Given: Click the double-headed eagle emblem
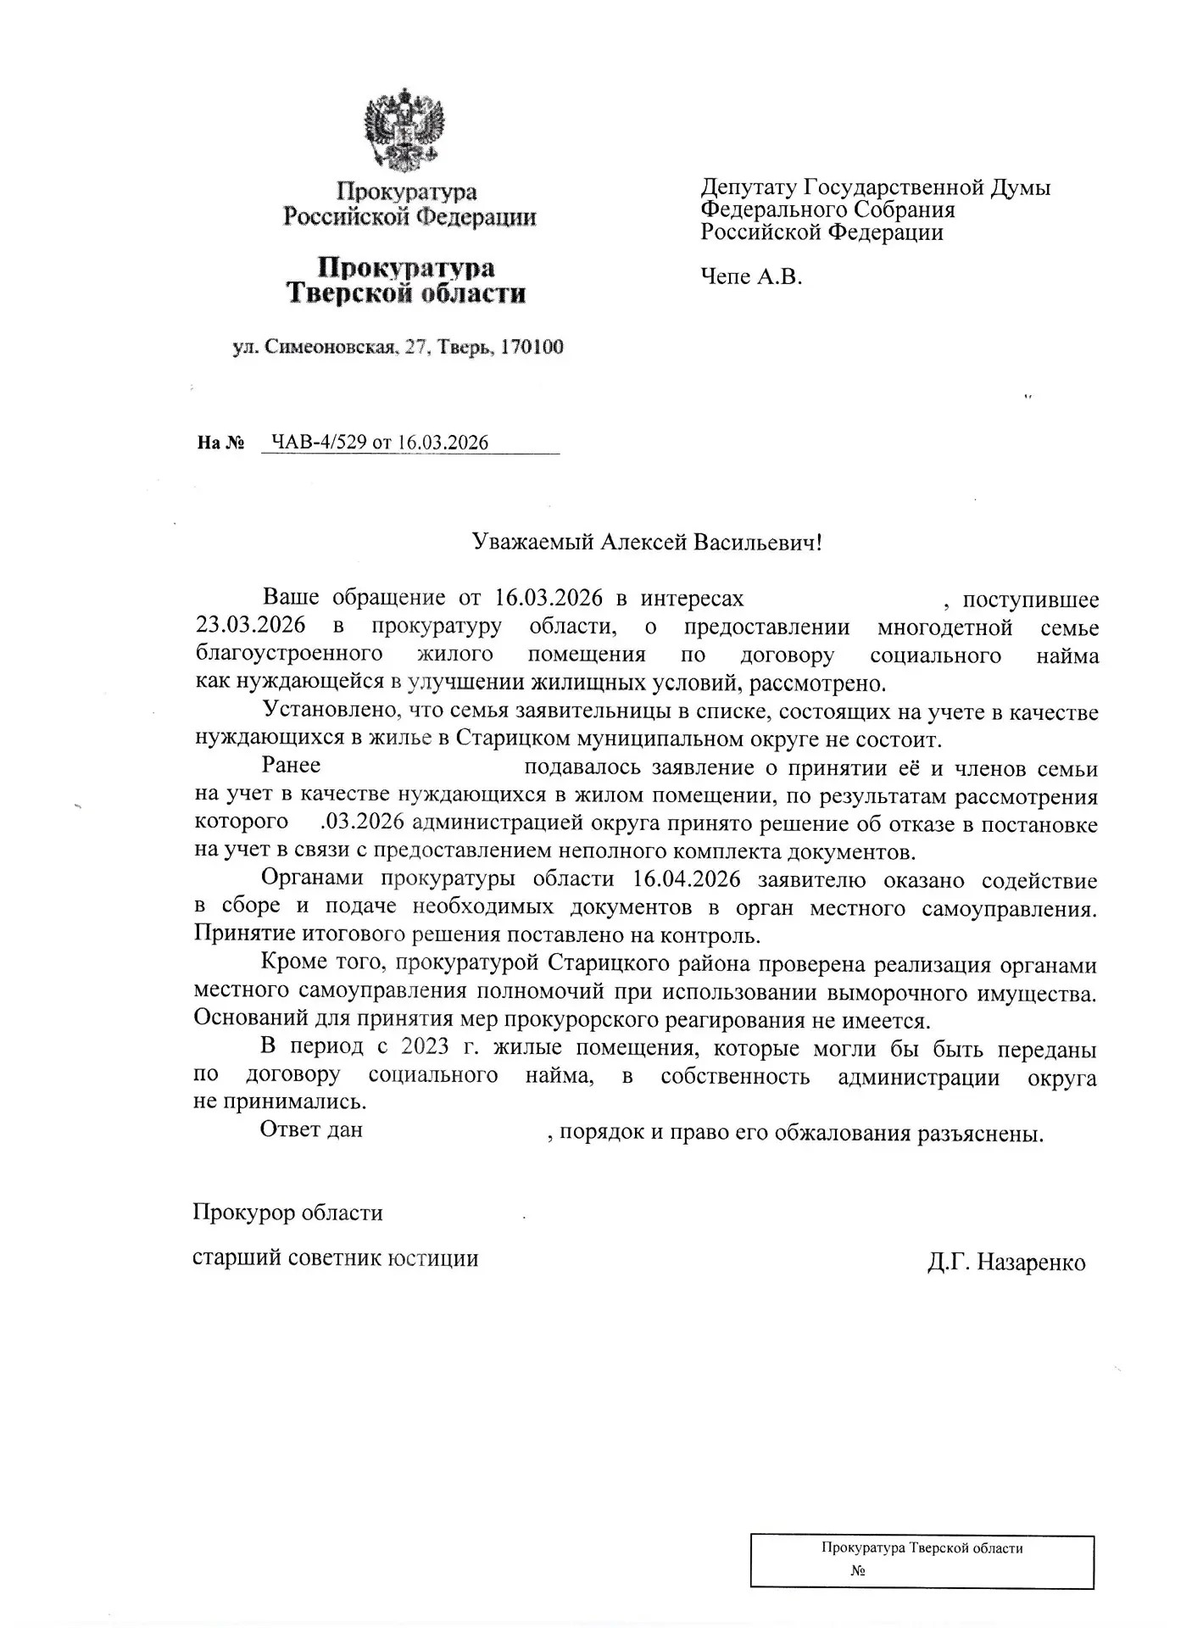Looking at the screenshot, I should [x=405, y=129].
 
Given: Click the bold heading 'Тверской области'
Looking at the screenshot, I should [x=405, y=294].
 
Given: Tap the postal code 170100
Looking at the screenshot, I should [x=532, y=347].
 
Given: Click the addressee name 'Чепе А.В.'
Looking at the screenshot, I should [x=751, y=276].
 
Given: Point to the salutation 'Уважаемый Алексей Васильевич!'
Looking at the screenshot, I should [x=647, y=543].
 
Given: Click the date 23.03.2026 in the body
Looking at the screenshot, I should [x=251, y=627].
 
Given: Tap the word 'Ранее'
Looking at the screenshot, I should [x=291, y=766].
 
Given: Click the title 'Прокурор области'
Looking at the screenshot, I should [x=287, y=1213].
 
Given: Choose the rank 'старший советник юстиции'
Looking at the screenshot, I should [x=335, y=1258].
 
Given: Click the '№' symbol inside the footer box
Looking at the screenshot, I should [x=857, y=1571].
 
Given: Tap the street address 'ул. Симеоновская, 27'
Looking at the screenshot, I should [x=331, y=347].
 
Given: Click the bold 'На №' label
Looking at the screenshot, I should [x=220, y=443].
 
